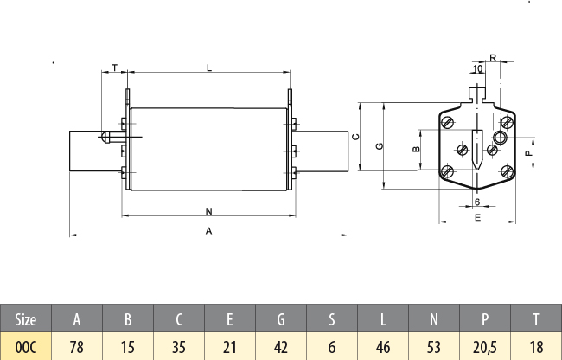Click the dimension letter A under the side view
pos(208,230)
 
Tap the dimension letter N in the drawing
pos(208,210)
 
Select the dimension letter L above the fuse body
pos(208,67)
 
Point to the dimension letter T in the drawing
pos(115,67)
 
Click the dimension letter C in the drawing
pos(355,137)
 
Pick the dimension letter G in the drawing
pos(380,145)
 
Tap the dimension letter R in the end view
pos(492,58)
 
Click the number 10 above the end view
pos(477,68)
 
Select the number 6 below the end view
pos(477,202)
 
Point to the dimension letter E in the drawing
pos(477,218)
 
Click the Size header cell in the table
pos(26,319)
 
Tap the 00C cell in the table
pos(26,346)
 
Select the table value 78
pos(77,346)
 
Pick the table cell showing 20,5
pos(485,346)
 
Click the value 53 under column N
pos(434,346)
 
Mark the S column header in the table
pos(332,319)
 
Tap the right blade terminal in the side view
pos(320,150)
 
